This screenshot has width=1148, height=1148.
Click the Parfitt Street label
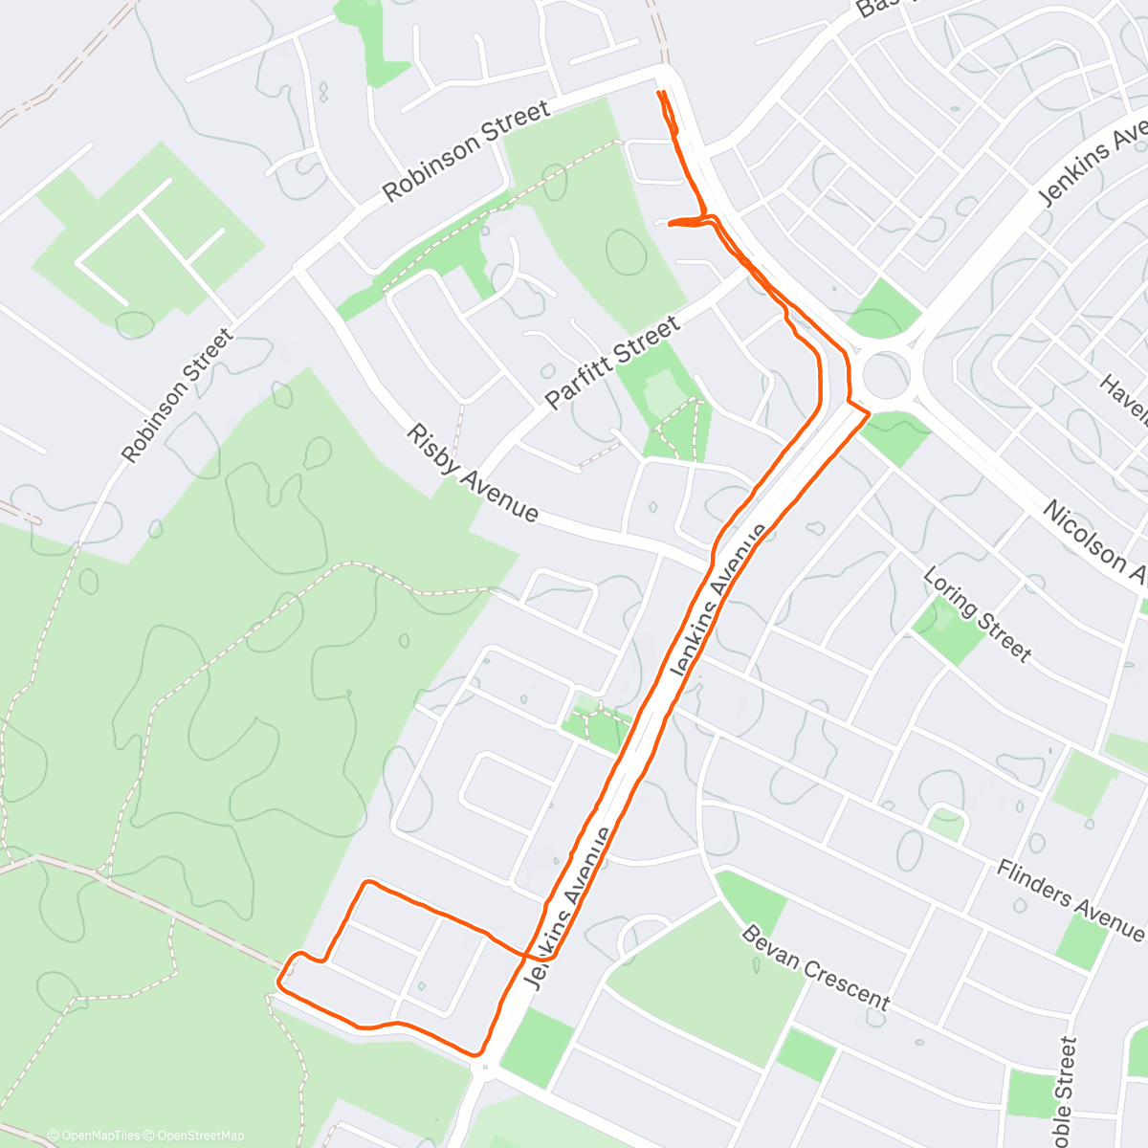point(612,364)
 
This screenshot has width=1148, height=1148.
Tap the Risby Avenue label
point(473,474)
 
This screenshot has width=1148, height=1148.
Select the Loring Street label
point(977,615)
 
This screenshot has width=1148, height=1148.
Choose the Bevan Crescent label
point(816,968)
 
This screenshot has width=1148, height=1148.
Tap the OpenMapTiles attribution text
point(94,1136)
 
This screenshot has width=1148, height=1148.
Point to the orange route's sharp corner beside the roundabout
point(868,413)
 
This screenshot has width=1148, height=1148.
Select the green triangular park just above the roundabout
point(884,309)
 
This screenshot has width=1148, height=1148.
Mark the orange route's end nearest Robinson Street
point(659,92)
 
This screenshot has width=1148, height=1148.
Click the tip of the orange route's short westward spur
point(668,224)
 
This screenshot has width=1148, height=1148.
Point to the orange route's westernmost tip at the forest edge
point(278,981)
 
